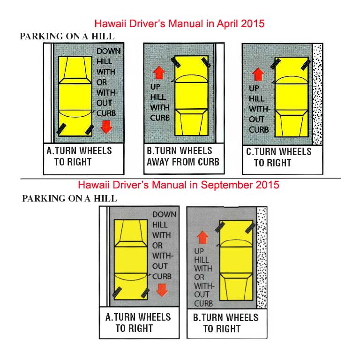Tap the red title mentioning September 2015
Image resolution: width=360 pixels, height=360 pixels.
[179, 185]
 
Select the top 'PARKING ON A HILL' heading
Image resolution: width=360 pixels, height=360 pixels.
[67, 37]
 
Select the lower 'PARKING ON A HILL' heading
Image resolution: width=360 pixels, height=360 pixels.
[69, 198]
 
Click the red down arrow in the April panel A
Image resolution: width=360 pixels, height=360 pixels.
[107, 127]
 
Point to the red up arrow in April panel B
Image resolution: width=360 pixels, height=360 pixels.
[159, 73]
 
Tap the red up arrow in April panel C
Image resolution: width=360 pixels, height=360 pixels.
[258, 74]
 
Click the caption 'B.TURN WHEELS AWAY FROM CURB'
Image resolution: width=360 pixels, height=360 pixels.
[183, 157]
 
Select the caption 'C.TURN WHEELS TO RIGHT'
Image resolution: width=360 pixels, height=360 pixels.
[278, 157]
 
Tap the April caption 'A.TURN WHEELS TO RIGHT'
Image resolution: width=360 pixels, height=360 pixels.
[79, 157]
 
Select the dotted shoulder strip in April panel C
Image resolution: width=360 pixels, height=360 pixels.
[318, 94]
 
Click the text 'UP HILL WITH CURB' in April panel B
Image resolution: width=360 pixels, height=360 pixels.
[160, 102]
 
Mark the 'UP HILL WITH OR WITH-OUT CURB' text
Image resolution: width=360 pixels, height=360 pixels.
[203, 277]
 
